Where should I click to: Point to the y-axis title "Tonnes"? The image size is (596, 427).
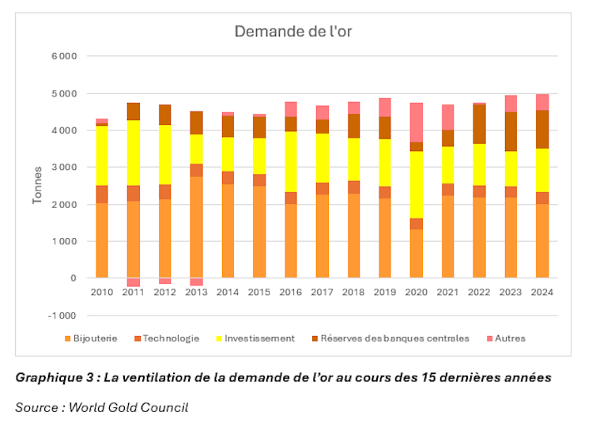pyautogui.click(x=37, y=186)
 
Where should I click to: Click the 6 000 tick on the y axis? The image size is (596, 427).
pyautogui.click(x=65, y=57)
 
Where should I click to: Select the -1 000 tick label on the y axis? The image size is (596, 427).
pyautogui.click(x=63, y=316)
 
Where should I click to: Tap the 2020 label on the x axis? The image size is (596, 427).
pyautogui.click(x=417, y=292)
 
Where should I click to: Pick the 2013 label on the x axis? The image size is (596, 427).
pyautogui.click(x=196, y=292)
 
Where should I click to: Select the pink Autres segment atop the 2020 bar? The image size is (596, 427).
pyautogui.click(x=417, y=122)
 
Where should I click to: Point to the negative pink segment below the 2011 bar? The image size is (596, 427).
pyautogui.click(x=134, y=282)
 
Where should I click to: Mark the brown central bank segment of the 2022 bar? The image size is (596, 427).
pyautogui.click(x=480, y=124)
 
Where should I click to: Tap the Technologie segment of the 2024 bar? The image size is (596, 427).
pyautogui.click(x=542, y=198)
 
